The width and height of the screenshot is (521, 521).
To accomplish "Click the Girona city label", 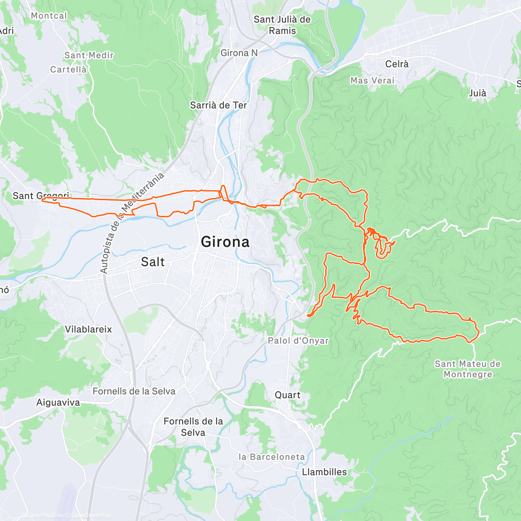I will pyautogui.click(x=225, y=242).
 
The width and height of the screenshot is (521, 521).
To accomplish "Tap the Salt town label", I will pyautogui.click(x=153, y=262).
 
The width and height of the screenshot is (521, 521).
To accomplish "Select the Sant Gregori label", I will pyautogui.click(x=41, y=196).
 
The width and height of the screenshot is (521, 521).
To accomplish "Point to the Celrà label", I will pyautogui.click(x=397, y=64).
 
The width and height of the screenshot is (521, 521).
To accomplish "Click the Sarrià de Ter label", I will pyautogui.click(x=218, y=105).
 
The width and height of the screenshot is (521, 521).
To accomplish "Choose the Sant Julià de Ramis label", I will pyautogui.click(x=282, y=25).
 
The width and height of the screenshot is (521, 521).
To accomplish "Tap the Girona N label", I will pyautogui.click(x=239, y=53).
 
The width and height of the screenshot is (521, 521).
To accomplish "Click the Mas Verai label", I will pyautogui.click(x=372, y=80).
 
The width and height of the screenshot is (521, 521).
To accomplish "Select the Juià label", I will pyautogui.click(x=478, y=93).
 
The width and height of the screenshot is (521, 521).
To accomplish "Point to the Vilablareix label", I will pyautogui.click(x=88, y=330).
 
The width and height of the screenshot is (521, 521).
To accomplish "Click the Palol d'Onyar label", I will pyautogui.click(x=298, y=341).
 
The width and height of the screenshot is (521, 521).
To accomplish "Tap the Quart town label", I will pyautogui.click(x=287, y=395).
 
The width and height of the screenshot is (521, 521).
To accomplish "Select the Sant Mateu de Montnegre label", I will pyautogui.click(x=468, y=369).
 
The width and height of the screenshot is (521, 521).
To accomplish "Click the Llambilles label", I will pyautogui.click(x=324, y=472).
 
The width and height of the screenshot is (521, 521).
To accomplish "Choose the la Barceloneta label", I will pyautogui.click(x=272, y=457).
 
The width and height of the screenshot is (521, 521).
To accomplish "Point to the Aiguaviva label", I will pyautogui.click(x=58, y=402).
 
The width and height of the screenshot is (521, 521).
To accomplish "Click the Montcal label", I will pyautogui.click(x=49, y=16).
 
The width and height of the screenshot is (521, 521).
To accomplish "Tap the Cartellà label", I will pyautogui.click(x=68, y=69).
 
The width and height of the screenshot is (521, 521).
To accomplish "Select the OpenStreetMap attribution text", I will pyautogui.click(x=91, y=515).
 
